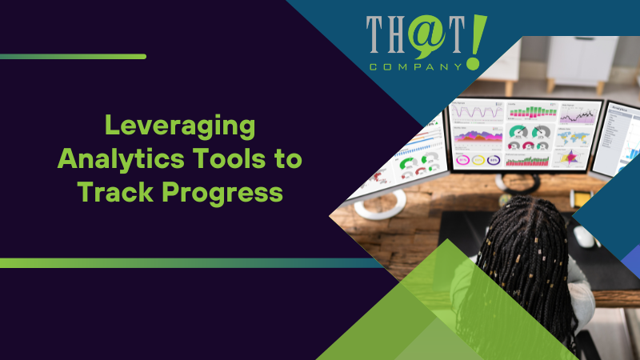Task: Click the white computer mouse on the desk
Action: (582, 236)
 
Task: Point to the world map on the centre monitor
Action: (575, 137)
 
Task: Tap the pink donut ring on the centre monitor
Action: (463, 159)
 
